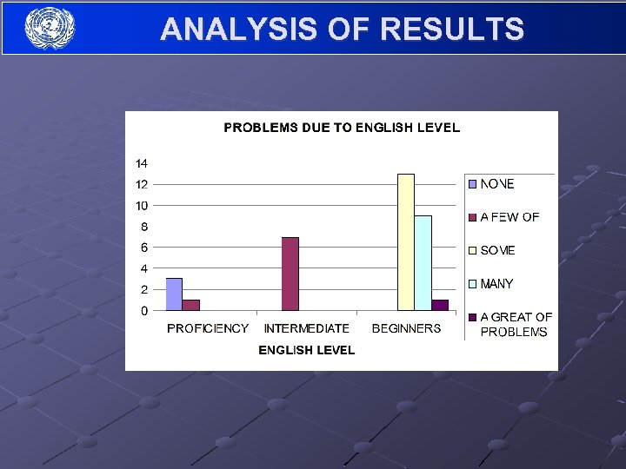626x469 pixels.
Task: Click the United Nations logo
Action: [50, 28]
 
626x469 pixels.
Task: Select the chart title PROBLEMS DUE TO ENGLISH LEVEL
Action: [342, 128]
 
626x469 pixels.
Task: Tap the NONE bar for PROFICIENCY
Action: [174, 294]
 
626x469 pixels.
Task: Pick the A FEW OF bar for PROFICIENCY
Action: [191, 305]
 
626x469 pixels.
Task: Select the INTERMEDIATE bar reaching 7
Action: [290, 274]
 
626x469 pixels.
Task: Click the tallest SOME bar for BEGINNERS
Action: [406, 242]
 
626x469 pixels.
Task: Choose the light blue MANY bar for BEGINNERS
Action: [423, 263]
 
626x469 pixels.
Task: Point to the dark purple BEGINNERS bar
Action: [440, 305]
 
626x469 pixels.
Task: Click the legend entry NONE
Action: [496, 184]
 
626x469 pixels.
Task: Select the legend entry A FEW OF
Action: [509, 217]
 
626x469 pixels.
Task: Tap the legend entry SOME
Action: [496, 250]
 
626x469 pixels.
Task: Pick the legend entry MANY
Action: [496, 284]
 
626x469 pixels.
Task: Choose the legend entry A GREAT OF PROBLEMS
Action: [515, 324]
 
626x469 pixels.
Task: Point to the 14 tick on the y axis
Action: [141, 163]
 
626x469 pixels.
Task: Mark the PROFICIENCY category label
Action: [208, 328]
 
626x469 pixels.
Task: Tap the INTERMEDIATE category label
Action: [306, 328]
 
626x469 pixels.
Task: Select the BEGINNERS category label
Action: [406, 328]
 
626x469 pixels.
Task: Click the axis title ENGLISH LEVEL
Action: [307, 350]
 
